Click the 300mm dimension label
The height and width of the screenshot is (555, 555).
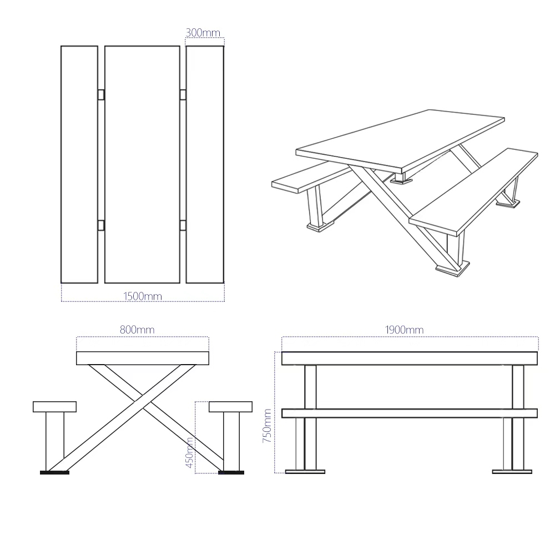click(203, 33)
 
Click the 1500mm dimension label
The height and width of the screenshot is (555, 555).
click(142, 296)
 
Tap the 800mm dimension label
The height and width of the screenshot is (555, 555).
click(137, 330)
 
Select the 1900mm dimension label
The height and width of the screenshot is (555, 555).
click(404, 330)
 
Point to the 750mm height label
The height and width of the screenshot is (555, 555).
click(267, 426)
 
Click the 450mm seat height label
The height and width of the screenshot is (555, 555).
click(190, 453)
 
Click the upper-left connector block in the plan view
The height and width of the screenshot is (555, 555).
click(101, 94)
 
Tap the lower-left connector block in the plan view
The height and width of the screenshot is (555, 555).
click(101, 225)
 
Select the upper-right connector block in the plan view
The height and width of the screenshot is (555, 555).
click(183, 94)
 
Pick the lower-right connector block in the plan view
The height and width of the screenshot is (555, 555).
click(183, 225)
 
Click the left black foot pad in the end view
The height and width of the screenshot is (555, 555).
click(54, 472)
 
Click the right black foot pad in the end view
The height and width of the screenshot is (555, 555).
click(231, 472)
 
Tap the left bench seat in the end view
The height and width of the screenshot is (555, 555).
click(54, 407)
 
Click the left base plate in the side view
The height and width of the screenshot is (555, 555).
click(305, 471)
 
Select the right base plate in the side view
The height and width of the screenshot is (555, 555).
click(512, 471)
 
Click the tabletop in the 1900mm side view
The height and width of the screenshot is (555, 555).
click(410, 359)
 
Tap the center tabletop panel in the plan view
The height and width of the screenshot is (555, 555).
click(142, 164)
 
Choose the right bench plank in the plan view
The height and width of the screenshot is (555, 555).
click(205, 164)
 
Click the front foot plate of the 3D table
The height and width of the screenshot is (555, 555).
click(453, 269)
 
